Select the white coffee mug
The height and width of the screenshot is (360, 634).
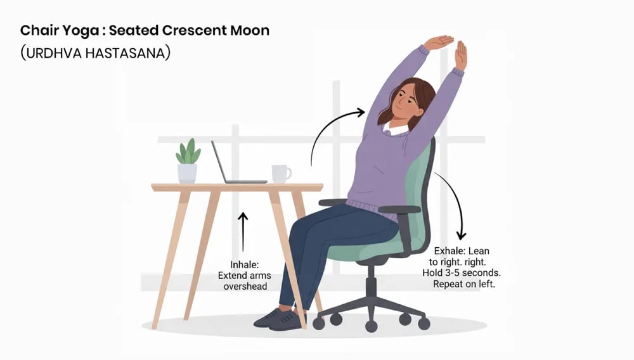280,174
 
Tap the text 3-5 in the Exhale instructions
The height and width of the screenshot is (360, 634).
463,273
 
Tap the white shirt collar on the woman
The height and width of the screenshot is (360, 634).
395,131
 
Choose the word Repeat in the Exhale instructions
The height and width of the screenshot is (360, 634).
451,285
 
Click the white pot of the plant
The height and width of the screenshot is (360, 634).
187,173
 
